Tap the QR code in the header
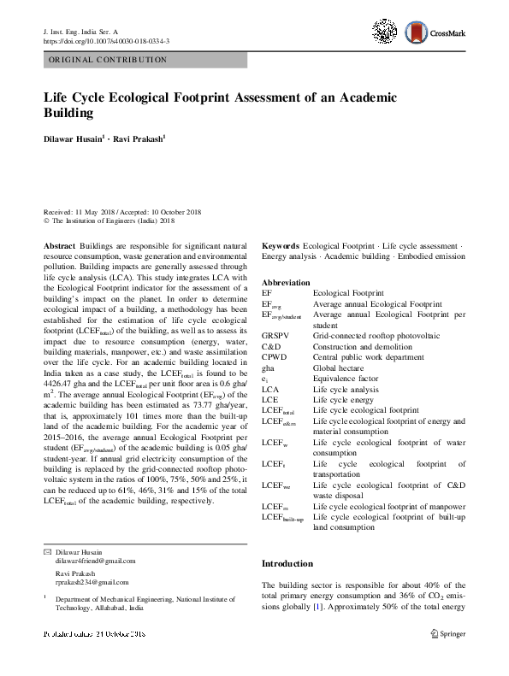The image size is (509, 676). pos(388,32)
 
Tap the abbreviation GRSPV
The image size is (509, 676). pos(276,337)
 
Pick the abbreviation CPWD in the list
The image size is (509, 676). pos(275,357)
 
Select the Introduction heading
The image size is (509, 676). pos(288,564)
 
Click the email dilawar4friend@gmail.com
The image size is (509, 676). pos(95,561)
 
